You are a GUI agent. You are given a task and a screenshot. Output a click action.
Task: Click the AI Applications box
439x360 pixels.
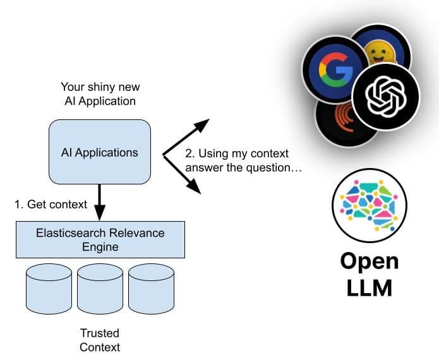point(99,152)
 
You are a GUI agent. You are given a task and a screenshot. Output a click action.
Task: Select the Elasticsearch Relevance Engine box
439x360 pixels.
point(100,239)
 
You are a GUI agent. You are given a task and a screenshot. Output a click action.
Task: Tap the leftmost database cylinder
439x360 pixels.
point(49,289)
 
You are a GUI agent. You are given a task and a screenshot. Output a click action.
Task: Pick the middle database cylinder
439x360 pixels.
point(100,289)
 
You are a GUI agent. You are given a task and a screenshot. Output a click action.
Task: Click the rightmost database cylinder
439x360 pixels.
point(151,289)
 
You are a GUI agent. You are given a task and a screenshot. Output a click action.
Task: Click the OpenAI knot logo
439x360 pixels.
point(385,95)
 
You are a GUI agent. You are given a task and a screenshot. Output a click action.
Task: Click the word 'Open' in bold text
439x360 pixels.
point(369,261)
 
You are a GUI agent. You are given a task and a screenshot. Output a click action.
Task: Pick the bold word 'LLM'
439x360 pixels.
point(369,287)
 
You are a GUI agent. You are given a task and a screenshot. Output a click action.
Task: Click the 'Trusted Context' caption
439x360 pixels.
point(99,340)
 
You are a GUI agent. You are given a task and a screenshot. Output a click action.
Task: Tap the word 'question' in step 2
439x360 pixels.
point(265,167)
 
